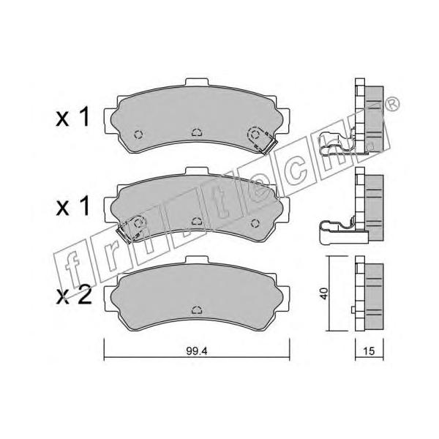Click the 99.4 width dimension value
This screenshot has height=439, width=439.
point(197,351)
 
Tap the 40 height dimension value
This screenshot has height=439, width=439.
point(324,293)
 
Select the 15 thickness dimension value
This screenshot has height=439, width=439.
point(369,350)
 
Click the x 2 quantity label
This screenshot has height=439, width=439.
point(74,296)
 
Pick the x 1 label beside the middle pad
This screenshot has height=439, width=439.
point(72,206)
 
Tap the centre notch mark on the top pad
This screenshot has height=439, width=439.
point(197,132)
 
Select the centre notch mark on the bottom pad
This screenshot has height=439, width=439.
point(197,310)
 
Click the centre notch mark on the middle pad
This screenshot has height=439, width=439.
point(197,221)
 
